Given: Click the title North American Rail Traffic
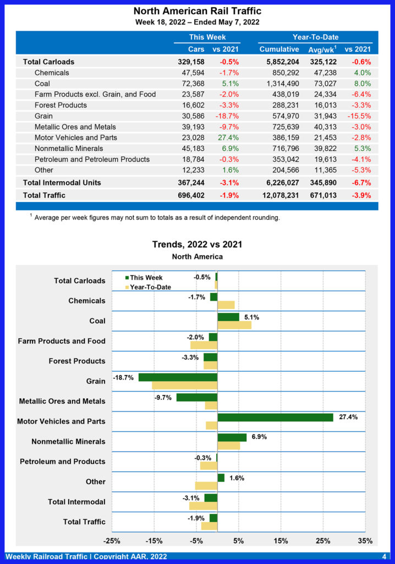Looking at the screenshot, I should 197,11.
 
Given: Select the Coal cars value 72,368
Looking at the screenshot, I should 191,84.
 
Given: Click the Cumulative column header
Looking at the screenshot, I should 279,50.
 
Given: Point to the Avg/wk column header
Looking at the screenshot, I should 322,50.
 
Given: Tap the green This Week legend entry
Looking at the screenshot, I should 146,278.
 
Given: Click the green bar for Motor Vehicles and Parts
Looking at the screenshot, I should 275,417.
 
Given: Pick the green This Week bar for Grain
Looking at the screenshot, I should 178,377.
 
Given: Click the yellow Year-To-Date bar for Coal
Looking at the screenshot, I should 234,325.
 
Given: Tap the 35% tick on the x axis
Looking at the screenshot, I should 365,541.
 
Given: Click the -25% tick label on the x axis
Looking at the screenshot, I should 112,541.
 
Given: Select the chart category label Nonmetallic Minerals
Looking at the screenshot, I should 68,442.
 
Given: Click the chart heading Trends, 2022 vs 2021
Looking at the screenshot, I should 197,245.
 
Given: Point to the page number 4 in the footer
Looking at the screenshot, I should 384,557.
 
